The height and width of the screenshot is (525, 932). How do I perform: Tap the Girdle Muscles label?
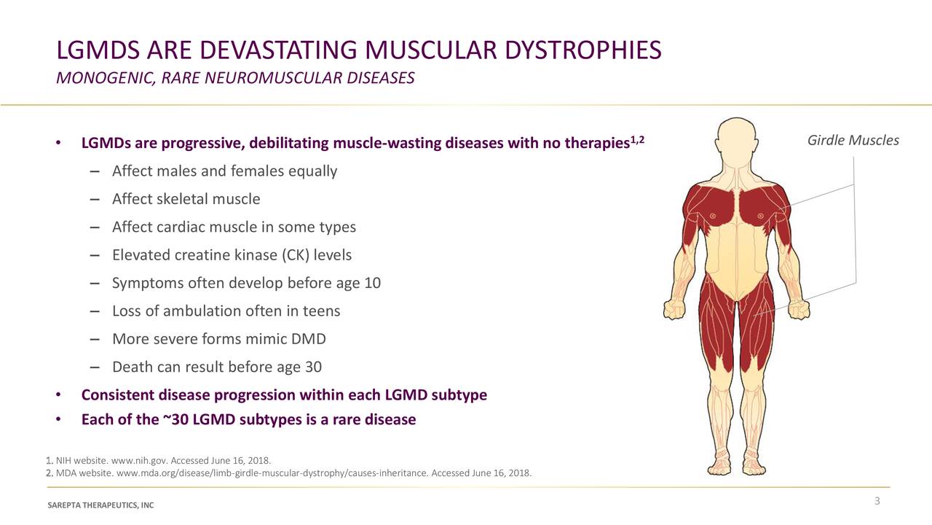pyautogui.click(x=853, y=140)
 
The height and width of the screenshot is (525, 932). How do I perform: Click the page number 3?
pyautogui.click(x=877, y=500)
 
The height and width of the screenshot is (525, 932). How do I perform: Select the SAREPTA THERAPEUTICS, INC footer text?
pyautogui.click(x=100, y=506)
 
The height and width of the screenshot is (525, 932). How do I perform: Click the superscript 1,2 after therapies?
pyautogui.click(x=637, y=139)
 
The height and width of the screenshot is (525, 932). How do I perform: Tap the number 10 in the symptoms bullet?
pyautogui.click(x=372, y=283)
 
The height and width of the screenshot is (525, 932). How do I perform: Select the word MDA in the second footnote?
pyautogui.click(x=66, y=473)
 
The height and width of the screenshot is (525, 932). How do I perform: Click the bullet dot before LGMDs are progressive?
pyautogui.click(x=58, y=143)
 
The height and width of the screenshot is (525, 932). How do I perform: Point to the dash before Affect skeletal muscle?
pyautogui.click(x=96, y=200)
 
